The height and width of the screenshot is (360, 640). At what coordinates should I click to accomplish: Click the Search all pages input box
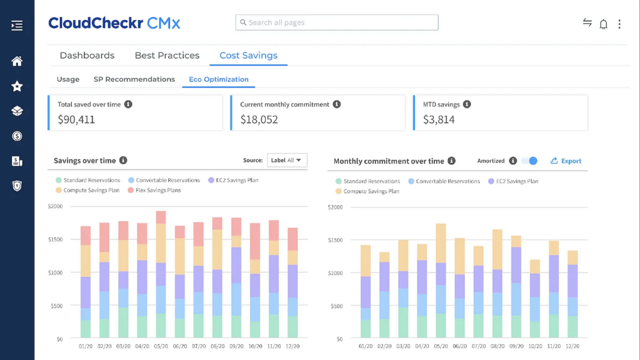point(337,22)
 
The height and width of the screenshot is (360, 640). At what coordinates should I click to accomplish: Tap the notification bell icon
point(603,24)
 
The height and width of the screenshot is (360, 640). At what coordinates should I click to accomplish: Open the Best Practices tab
point(167,56)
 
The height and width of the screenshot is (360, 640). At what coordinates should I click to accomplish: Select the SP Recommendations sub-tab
point(134,79)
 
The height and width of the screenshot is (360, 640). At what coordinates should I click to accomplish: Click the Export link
point(566,161)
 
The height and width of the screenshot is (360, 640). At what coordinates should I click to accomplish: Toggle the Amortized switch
point(529,161)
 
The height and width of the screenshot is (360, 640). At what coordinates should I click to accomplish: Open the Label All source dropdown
point(287,161)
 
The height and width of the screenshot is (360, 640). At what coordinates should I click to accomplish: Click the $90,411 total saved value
point(76,119)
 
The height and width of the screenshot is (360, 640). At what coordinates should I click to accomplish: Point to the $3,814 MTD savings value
point(439,119)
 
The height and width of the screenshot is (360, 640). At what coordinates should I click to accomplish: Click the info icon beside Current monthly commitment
point(337,104)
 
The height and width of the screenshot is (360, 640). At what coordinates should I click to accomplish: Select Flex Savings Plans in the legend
point(157,190)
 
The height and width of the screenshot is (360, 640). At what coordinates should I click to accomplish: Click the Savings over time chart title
point(85,161)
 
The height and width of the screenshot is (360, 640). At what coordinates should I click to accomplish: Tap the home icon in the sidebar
point(17,61)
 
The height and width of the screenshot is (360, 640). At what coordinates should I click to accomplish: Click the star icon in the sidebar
point(17,86)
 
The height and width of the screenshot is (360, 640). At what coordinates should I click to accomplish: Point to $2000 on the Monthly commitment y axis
point(335,207)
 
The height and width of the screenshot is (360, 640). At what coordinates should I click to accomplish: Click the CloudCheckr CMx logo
point(114,23)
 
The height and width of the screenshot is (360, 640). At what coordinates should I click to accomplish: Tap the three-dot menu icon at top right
point(619,24)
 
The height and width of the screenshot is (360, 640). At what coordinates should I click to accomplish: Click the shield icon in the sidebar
point(17,186)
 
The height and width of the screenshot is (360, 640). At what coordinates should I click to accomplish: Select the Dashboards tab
point(87,56)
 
